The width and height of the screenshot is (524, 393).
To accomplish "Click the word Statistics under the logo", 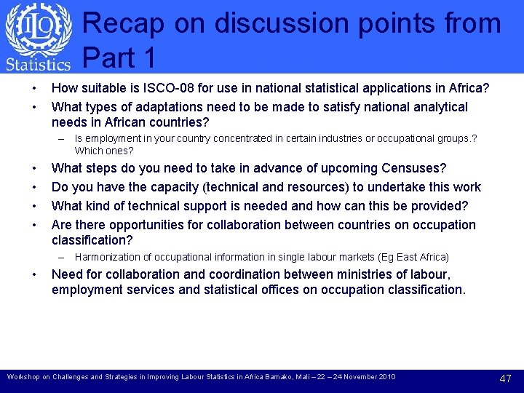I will click(38, 64).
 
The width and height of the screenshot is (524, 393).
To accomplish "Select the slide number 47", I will click(505, 378).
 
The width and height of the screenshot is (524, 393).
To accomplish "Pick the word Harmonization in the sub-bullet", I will click(106, 257).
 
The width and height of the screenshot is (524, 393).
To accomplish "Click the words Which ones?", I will click(104, 151).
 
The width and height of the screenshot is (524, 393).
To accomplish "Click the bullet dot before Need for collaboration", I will click(35, 274).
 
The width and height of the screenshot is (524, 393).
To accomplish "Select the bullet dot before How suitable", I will click(35, 88).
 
